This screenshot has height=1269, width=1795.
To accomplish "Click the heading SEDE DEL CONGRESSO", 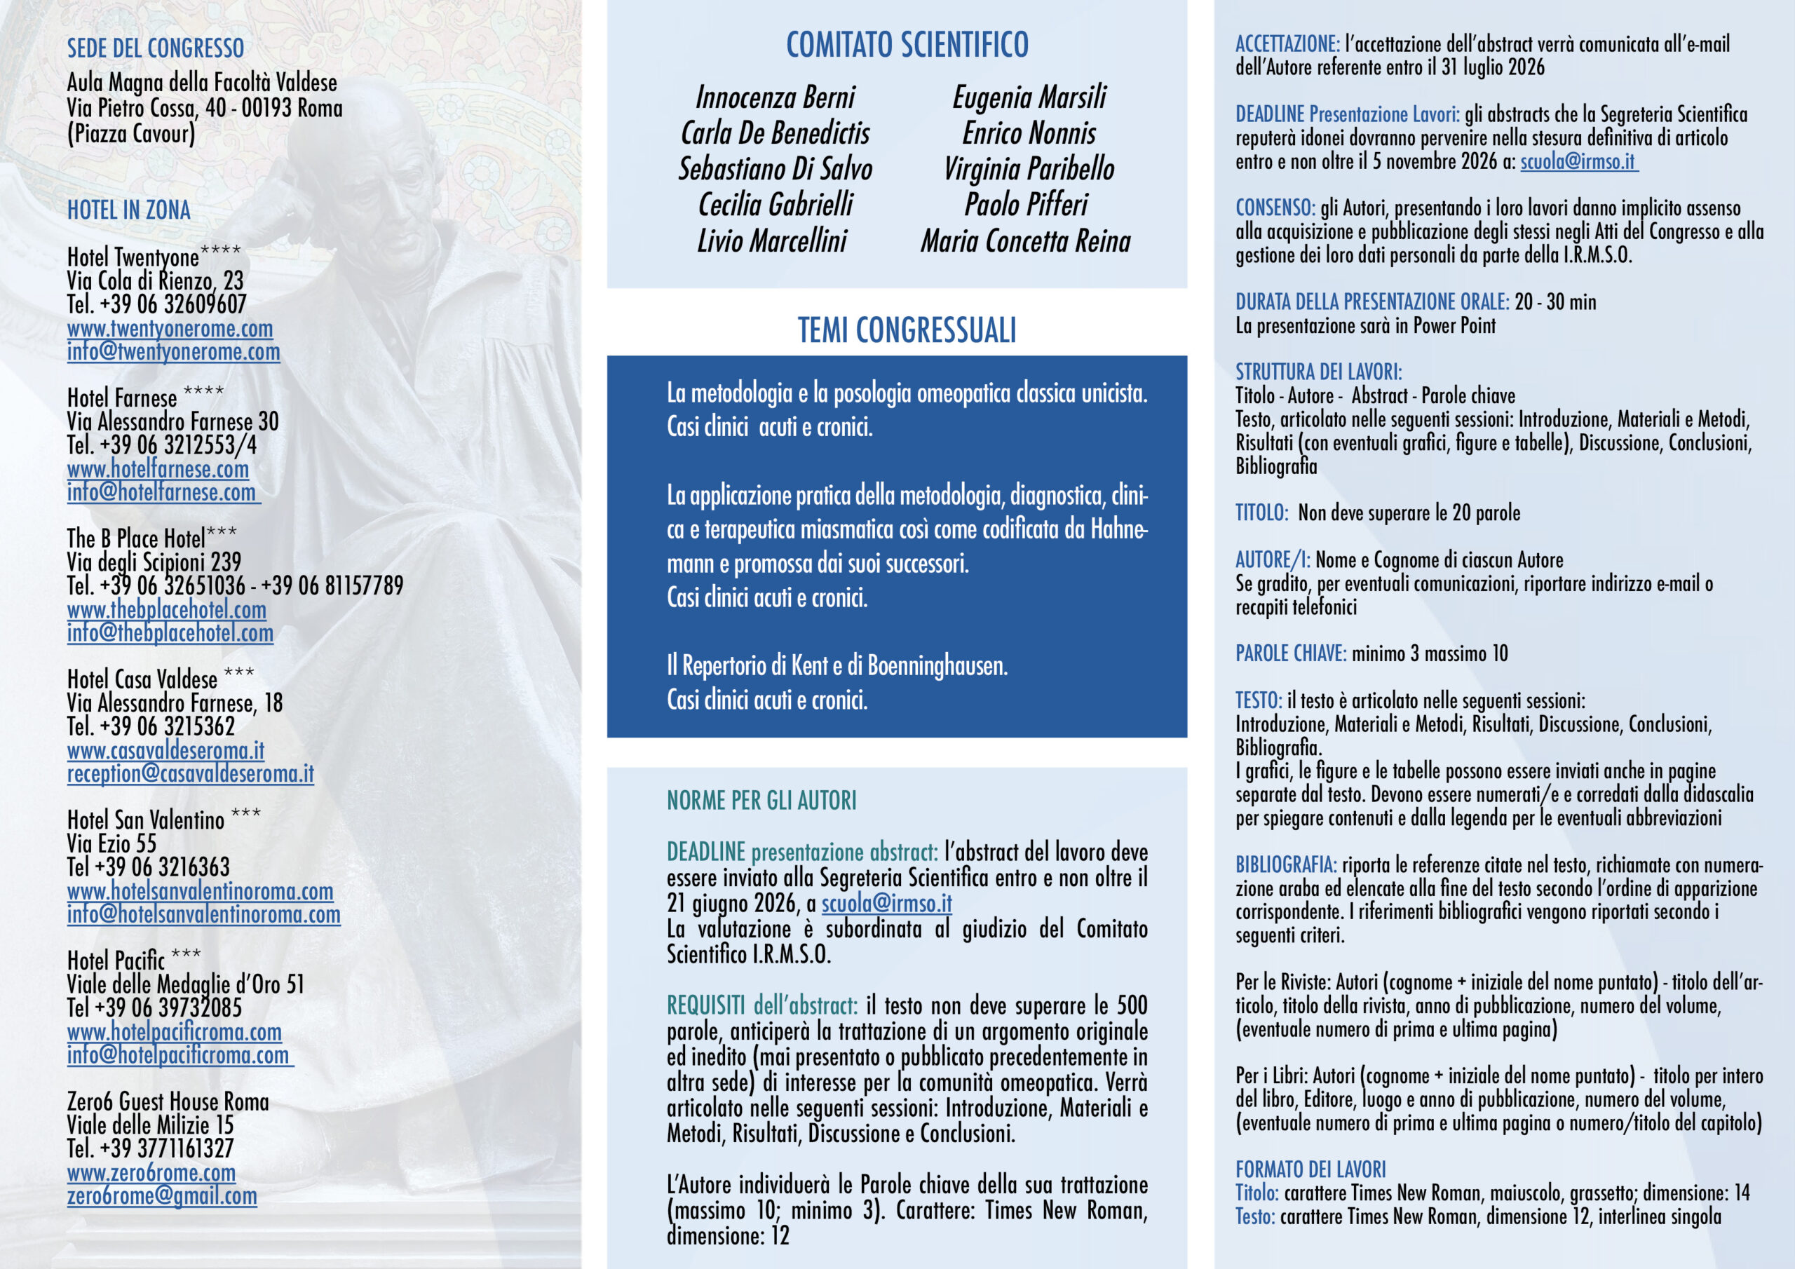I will [156, 48].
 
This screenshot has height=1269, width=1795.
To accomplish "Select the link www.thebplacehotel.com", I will [166, 610].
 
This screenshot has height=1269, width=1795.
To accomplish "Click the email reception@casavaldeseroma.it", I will [190, 774].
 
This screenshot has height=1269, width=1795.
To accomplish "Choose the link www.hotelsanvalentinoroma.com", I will [200, 891].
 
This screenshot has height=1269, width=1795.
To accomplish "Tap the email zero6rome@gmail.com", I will [162, 1196].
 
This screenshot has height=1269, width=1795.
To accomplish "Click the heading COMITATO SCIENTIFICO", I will [907, 45].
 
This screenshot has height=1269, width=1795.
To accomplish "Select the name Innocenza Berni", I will [775, 97].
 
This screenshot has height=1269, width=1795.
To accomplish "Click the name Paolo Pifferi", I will [1026, 205].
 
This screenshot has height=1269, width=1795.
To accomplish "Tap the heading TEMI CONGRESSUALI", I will [907, 330].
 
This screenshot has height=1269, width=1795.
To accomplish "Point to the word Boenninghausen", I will [937, 666].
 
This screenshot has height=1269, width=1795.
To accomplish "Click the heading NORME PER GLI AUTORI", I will [761, 801].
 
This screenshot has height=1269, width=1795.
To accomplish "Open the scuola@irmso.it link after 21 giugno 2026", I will [886, 904].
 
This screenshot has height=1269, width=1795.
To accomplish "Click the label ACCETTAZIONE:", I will [1287, 45].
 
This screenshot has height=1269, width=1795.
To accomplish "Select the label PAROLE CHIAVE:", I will [1291, 653].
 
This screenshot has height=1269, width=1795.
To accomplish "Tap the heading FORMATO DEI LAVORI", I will [1310, 1169].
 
